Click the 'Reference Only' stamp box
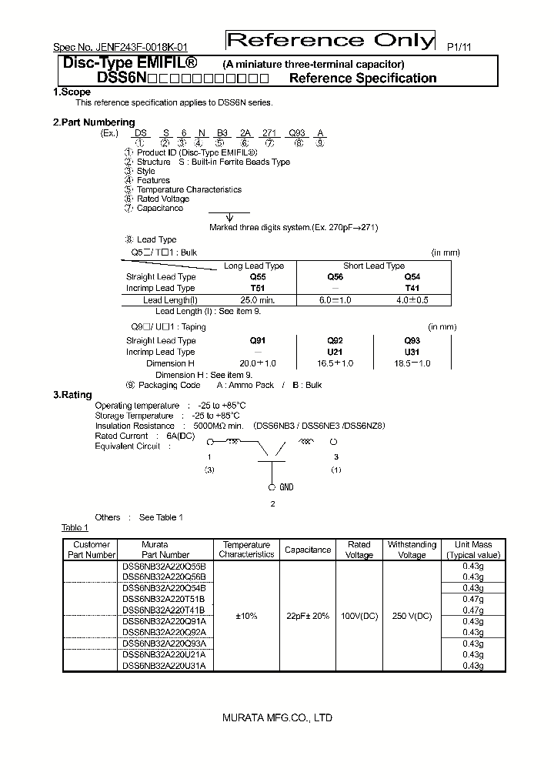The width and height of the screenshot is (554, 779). [x=329, y=41]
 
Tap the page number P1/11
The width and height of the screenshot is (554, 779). [x=459, y=47]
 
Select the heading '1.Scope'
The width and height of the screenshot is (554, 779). [x=72, y=92]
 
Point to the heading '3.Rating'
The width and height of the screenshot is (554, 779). [x=72, y=394]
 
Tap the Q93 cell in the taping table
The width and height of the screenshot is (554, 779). [x=412, y=340]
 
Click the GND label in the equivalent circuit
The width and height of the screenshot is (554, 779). [x=285, y=487]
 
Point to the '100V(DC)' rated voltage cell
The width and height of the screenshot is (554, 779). [x=359, y=616]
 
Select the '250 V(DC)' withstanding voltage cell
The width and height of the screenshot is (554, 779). [x=412, y=616]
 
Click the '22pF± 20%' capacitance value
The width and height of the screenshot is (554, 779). [x=308, y=616]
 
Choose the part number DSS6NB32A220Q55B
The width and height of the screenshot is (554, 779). [x=164, y=566]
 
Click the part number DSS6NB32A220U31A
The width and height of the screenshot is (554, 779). [x=164, y=666]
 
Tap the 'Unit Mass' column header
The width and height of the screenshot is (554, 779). [x=472, y=549]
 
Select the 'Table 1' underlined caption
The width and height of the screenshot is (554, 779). [x=75, y=527]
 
